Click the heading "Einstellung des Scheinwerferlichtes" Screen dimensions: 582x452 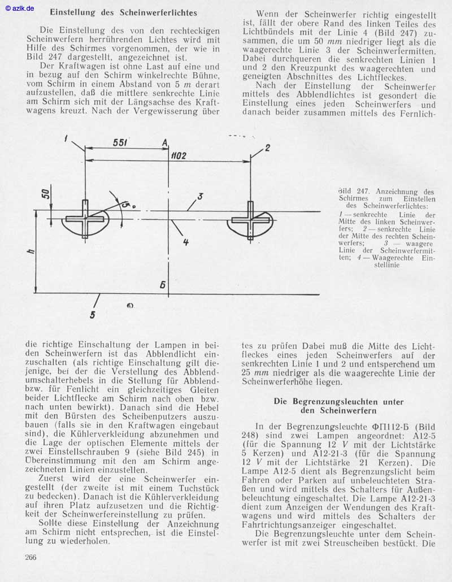(x=123, y=12)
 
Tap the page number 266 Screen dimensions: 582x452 (x=31, y=557)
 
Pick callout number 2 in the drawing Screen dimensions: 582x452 (x=267, y=148)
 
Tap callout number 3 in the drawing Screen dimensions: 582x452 (x=200, y=197)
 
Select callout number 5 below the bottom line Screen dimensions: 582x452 (x=93, y=314)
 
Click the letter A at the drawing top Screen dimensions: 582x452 (x=164, y=144)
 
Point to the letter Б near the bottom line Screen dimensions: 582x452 (x=163, y=285)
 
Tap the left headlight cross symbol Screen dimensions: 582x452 (x=85, y=219)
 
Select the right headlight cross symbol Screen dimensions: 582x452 (x=250, y=219)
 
